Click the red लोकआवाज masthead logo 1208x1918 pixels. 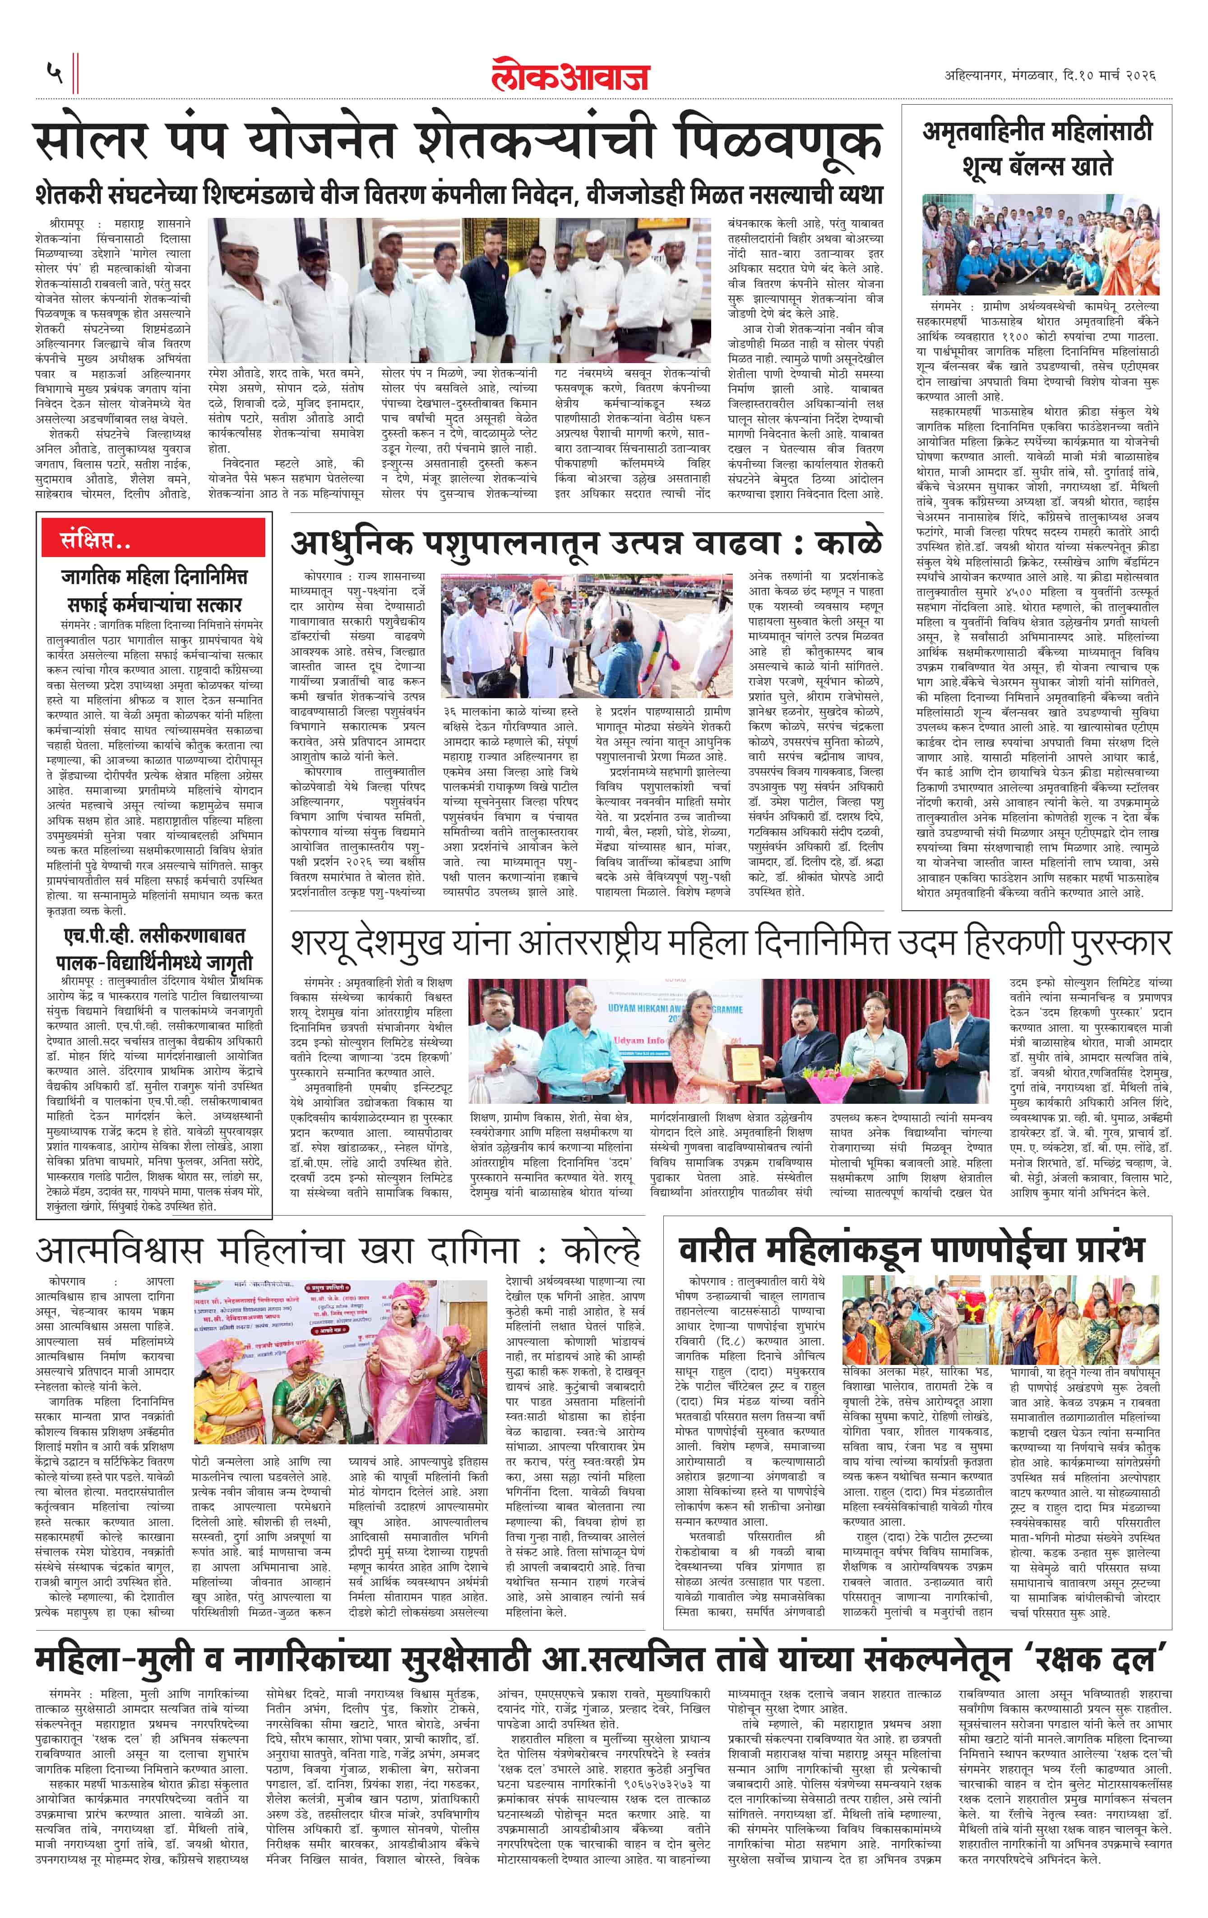point(570,74)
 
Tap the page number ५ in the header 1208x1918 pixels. point(54,73)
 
